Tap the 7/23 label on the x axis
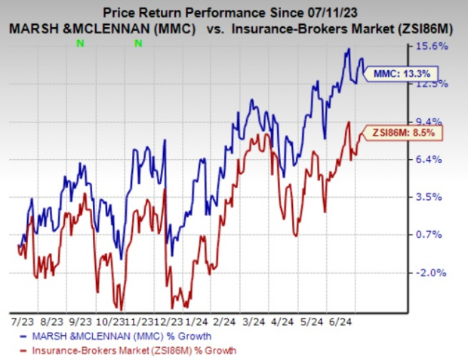click(x=22, y=320)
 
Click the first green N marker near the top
click(x=79, y=43)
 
